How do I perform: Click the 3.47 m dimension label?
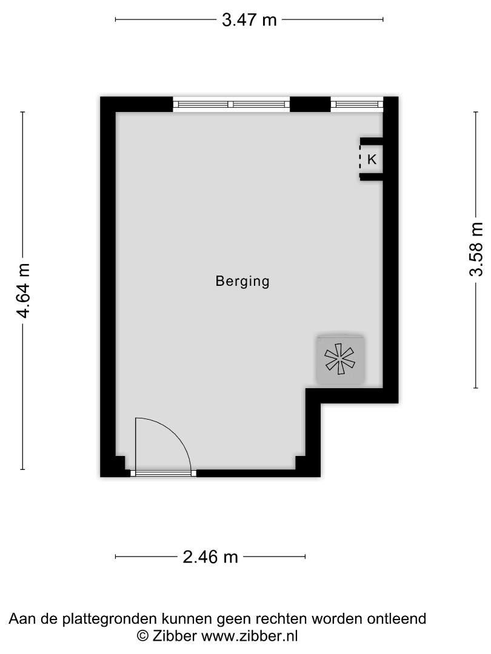(x=249, y=19)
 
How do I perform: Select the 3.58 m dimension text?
(x=476, y=249)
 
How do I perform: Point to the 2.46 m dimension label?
(x=210, y=557)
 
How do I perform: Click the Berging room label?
(x=242, y=282)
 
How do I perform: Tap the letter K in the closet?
(x=372, y=159)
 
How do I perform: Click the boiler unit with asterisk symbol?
(x=340, y=358)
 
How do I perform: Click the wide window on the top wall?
(x=232, y=104)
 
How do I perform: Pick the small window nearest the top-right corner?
(x=357, y=104)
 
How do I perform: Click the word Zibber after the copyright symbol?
(x=174, y=636)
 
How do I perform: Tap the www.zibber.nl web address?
(x=250, y=636)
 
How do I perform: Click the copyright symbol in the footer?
(x=143, y=636)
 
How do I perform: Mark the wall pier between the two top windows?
(x=310, y=104)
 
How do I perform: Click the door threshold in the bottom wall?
(x=164, y=474)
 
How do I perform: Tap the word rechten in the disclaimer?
(x=281, y=618)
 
